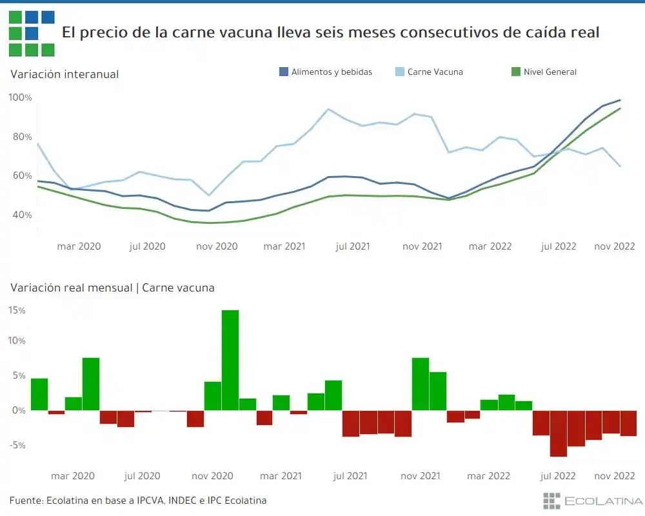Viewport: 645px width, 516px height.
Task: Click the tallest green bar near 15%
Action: click(230, 360)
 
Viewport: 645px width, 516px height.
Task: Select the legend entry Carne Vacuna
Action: click(435, 72)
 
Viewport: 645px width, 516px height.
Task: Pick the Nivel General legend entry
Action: click(550, 72)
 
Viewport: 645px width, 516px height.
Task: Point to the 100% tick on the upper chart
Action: click(20, 97)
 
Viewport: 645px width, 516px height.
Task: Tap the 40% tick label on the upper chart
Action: click(20, 215)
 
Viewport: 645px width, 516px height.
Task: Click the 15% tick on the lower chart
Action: click(17, 310)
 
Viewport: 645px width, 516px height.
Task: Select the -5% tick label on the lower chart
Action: click(17, 445)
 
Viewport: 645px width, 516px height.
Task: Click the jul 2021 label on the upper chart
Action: click(353, 246)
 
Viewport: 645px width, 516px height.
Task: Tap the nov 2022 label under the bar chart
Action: click(615, 476)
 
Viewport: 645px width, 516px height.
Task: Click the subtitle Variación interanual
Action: click(64, 74)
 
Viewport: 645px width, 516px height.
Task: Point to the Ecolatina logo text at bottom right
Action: click(603, 501)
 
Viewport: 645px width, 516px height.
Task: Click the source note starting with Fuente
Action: click(137, 501)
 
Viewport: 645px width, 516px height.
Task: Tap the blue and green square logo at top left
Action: click(32, 33)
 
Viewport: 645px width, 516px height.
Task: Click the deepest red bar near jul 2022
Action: click(559, 433)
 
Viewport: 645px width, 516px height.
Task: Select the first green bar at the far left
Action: click(39, 394)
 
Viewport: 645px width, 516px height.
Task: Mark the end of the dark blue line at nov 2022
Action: click(620, 100)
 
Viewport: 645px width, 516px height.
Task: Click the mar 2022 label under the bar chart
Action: click(488, 476)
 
